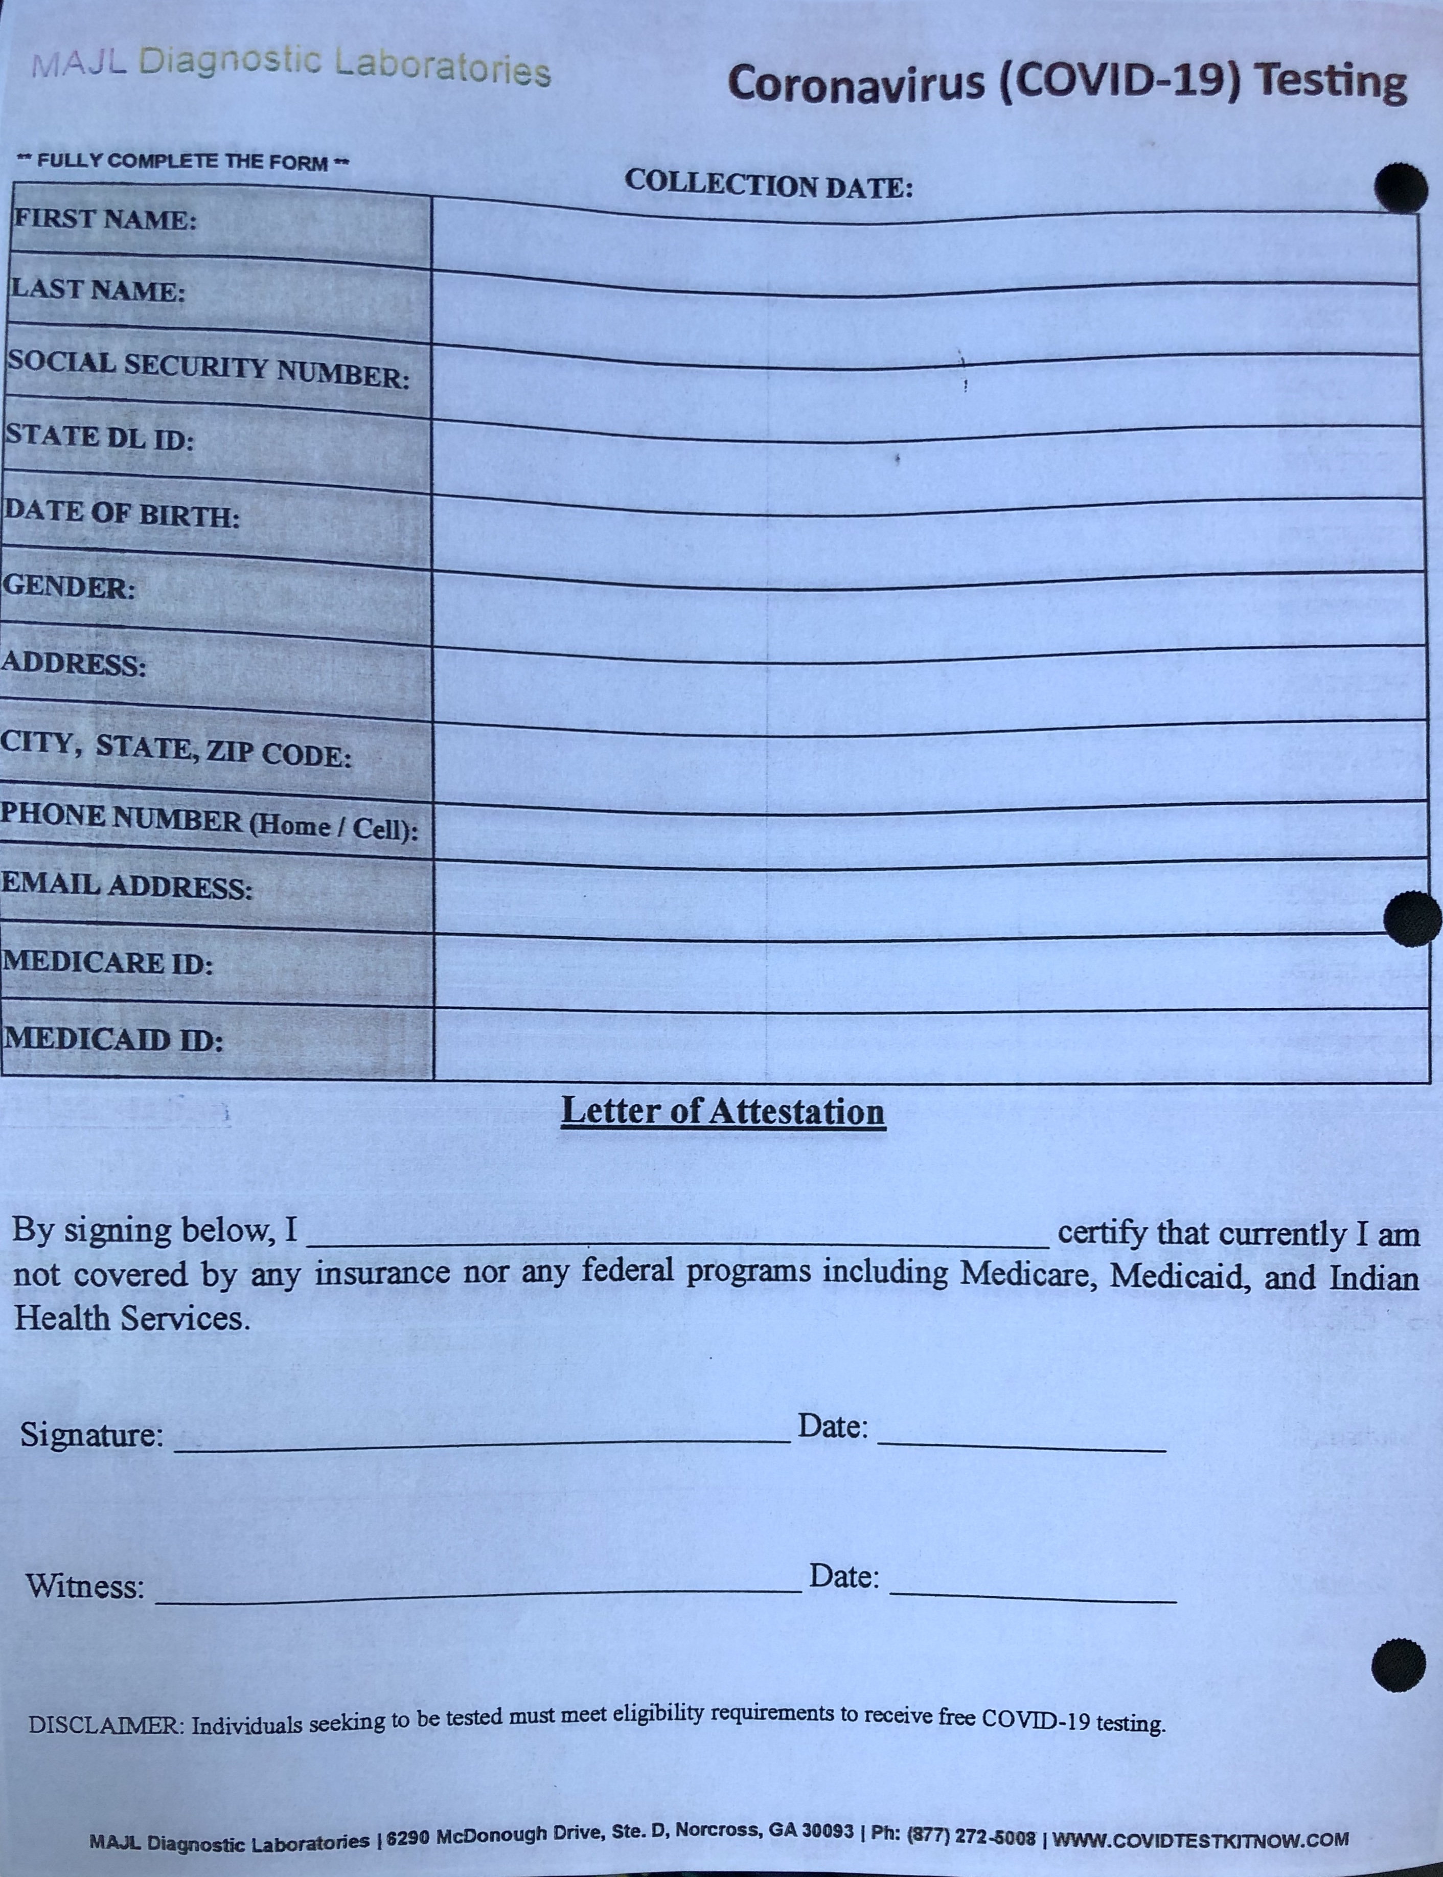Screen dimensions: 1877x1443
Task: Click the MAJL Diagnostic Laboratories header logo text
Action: [x=290, y=64]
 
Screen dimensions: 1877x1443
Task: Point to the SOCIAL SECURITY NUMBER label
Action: [x=208, y=369]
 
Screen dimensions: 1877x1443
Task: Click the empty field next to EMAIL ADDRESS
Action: [x=923, y=898]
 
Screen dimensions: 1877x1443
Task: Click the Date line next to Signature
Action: [x=1022, y=1443]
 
